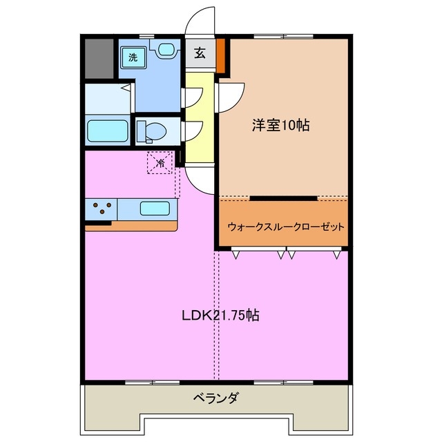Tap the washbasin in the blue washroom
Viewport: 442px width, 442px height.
click(x=166, y=50)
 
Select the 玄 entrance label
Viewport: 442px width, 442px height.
click(x=200, y=54)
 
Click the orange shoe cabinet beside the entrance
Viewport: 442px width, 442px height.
click(x=221, y=56)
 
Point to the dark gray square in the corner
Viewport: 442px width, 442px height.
click(x=99, y=58)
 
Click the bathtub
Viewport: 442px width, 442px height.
click(x=107, y=131)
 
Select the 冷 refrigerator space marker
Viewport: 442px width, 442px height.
click(x=160, y=164)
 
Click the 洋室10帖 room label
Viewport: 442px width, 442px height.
click(x=280, y=126)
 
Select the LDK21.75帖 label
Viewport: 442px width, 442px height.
click(x=220, y=316)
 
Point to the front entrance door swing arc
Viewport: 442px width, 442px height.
click(x=200, y=21)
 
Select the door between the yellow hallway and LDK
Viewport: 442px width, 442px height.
click(x=200, y=181)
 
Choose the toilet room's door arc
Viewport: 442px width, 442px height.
click(x=189, y=131)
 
